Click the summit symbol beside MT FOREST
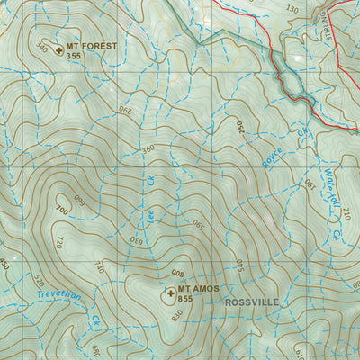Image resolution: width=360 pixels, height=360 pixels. point(59,50)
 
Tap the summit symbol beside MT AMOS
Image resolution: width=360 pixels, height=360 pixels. point(170,292)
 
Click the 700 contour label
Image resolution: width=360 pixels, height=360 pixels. point(60,210)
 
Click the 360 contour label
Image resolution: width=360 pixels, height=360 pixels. point(148,148)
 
